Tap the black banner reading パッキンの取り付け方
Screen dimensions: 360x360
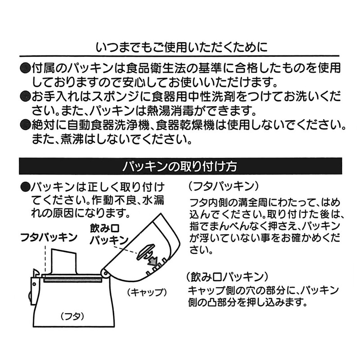coord(180,166)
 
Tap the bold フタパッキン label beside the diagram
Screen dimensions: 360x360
coord(49,238)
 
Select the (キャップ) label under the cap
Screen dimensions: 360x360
coord(147,292)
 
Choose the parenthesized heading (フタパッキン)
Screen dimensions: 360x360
coord(222,185)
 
